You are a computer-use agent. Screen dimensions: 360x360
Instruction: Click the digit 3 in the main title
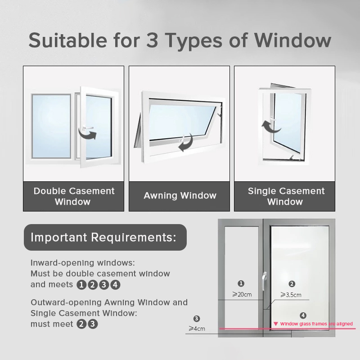152,40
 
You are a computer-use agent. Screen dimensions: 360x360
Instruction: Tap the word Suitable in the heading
68,40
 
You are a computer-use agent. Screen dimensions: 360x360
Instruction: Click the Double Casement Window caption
74,196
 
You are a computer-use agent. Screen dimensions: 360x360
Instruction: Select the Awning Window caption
180,196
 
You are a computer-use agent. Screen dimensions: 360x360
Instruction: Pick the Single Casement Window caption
286,196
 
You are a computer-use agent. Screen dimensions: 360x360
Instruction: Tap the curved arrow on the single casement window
270,127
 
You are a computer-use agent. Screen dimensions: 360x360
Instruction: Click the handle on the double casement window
87,128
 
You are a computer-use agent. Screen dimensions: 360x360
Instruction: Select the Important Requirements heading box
105,237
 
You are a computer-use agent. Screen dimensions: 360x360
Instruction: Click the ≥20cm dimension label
242,294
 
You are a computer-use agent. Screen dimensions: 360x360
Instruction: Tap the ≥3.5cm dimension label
291,295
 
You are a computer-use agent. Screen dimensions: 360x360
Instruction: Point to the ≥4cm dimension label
197,328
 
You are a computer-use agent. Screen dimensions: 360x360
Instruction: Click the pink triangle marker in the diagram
276,324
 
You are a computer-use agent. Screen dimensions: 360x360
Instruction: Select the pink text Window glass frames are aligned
316,324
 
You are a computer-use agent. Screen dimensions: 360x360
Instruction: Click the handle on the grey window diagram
265,281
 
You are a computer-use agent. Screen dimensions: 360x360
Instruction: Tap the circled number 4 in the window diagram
303,315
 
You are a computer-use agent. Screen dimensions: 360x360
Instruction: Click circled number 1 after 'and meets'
81,285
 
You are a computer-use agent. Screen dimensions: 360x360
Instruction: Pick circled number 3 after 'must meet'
93,324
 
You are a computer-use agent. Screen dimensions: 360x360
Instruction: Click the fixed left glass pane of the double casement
51,126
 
